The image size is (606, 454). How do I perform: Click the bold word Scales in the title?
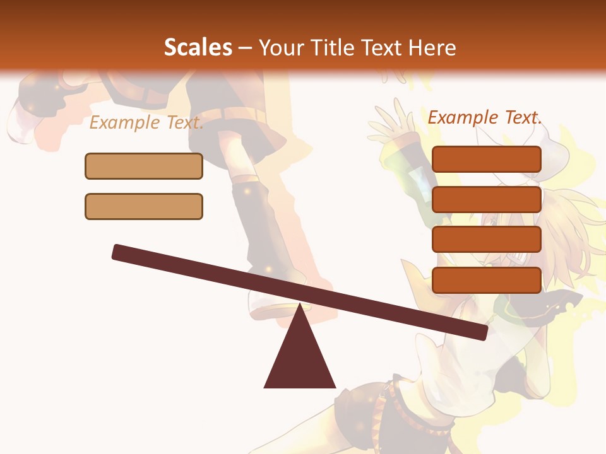pyautogui.click(x=198, y=48)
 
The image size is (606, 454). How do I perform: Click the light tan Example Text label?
pyautogui.click(x=146, y=122)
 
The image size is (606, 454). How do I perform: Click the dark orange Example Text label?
pyautogui.click(x=485, y=117)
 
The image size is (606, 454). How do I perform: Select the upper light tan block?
pyautogui.click(x=144, y=166)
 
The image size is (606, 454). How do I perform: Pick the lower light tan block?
pyautogui.click(x=144, y=206)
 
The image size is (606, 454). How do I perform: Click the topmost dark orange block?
pyautogui.click(x=487, y=159)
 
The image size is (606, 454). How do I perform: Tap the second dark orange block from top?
pyautogui.click(x=487, y=199)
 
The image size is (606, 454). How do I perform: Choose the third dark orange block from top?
pyautogui.click(x=487, y=239)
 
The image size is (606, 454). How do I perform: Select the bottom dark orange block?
pyautogui.click(x=487, y=280)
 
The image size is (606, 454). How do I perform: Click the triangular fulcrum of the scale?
pyautogui.click(x=300, y=356)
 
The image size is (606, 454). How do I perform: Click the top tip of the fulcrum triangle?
pyautogui.click(x=300, y=305)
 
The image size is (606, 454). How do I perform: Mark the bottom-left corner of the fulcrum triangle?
pyautogui.click(x=265, y=387)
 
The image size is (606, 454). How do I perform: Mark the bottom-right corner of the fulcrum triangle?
pyautogui.click(x=335, y=387)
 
